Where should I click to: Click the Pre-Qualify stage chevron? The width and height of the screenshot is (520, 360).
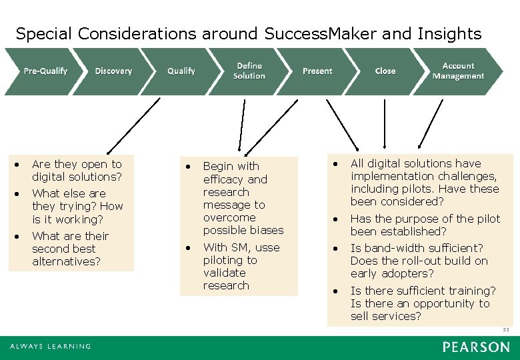[x=45, y=71]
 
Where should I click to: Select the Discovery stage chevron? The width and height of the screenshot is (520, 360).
[x=113, y=71]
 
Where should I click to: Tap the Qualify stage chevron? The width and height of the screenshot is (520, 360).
[x=181, y=71]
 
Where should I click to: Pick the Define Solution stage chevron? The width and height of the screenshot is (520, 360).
[x=249, y=71]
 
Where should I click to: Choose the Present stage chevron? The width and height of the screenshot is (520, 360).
[x=317, y=71]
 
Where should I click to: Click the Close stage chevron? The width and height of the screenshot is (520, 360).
[x=385, y=71]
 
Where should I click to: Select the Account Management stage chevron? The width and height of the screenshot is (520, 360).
[x=458, y=71]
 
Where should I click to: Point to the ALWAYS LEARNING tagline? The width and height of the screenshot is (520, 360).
[x=50, y=347]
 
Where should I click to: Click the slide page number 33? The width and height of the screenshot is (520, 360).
[x=506, y=330]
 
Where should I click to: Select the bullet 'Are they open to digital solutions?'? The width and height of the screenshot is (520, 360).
[x=77, y=170]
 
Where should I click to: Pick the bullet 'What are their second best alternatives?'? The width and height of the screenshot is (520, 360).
[x=70, y=249]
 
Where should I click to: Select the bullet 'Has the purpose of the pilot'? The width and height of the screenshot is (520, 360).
[x=425, y=225]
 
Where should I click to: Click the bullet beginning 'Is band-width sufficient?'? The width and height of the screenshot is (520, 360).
[x=419, y=261]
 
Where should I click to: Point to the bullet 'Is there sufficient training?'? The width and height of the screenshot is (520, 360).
[x=423, y=303]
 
